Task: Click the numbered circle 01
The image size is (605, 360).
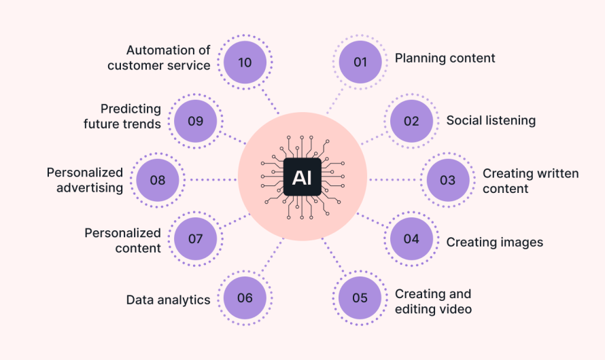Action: tap(360, 62)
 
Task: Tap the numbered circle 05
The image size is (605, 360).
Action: tap(360, 298)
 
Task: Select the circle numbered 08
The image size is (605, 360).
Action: tap(158, 180)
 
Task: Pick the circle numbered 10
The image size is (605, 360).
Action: tap(245, 62)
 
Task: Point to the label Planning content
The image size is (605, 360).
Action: tap(445, 58)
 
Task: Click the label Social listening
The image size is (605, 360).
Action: tap(491, 121)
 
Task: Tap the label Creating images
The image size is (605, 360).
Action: tap(494, 242)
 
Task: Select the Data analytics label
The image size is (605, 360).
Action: tap(168, 300)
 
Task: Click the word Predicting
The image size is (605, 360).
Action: tap(131, 109)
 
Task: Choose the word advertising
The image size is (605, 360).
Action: tap(90, 187)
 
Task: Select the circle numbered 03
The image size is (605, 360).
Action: tap(447, 180)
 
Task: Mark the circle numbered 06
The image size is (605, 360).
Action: tap(245, 298)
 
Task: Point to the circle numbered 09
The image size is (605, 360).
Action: tap(195, 121)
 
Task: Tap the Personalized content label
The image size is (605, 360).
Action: tap(122, 240)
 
